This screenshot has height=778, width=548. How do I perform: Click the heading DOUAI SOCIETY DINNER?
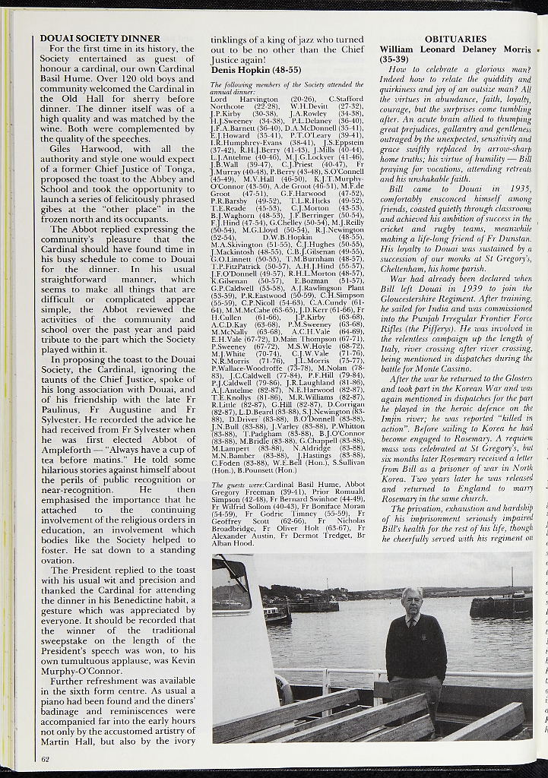click(x=100, y=38)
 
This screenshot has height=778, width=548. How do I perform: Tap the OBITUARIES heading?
click(x=455, y=38)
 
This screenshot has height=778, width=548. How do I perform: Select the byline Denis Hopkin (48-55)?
click(x=255, y=69)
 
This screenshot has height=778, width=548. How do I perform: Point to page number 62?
click(x=46, y=757)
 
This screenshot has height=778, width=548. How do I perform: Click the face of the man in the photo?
click(x=412, y=601)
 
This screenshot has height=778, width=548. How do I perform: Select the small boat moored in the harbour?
click(x=277, y=614)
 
